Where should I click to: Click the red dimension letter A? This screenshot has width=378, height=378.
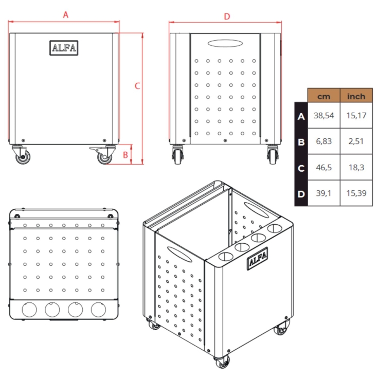(x=66, y=15)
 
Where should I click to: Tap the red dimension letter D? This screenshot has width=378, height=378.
(x=227, y=16)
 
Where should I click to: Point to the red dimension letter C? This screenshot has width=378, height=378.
(x=137, y=86)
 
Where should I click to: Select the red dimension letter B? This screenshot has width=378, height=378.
(x=125, y=155)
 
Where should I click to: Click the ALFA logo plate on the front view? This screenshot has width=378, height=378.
(x=64, y=48)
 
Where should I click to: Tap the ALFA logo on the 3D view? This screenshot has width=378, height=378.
(x=258, y=259)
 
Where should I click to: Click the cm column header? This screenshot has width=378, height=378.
(x=323, y=97)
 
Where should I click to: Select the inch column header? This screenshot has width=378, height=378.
(x=356, y=97)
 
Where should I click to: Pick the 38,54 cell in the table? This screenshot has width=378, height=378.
(x=323, y=116)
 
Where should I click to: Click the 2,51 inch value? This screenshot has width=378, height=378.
(x=356, y=141)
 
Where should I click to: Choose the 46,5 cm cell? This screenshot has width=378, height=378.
(x=323, y=167)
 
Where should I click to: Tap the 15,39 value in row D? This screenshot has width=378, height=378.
(x=356, y=193)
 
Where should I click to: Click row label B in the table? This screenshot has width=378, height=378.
(x=301, y=142)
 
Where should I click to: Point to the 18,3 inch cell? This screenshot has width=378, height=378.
(x=356, y=167)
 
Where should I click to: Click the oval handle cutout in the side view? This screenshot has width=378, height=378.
(x=225, y=43)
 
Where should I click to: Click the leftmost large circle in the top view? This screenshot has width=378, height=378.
(x=29, y=310)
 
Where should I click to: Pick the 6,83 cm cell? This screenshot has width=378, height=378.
(x=323, y=141)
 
